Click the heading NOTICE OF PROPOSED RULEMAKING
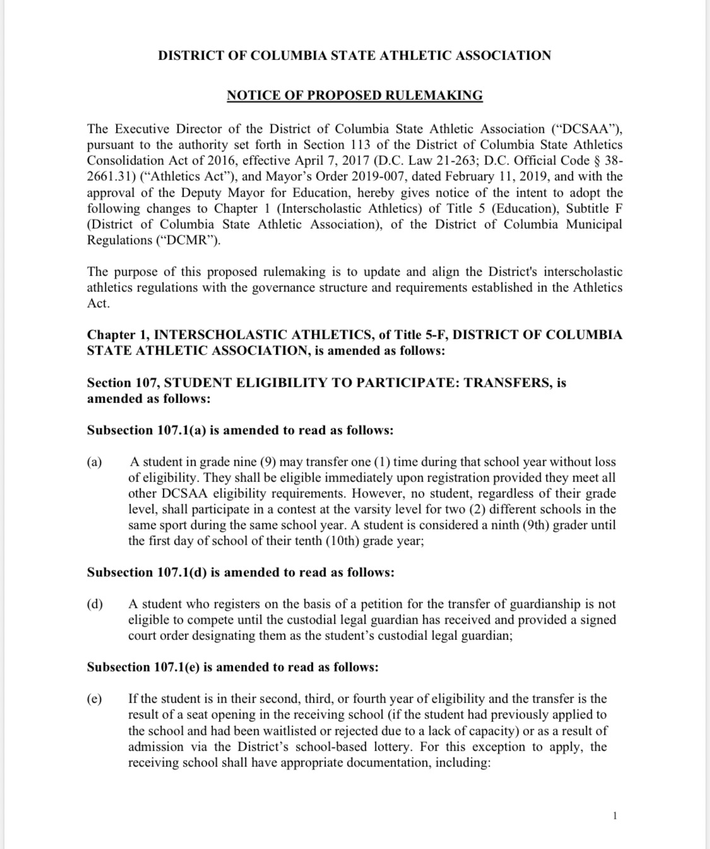pos(355,95)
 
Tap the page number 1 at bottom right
pos(615,816)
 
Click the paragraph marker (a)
pos(95,462)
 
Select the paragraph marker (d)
pos(95,605)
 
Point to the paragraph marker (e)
pos(95,699)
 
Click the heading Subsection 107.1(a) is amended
pos(240,431)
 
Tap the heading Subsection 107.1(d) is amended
pos(240,573)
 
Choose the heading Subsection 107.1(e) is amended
pos(233,668)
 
